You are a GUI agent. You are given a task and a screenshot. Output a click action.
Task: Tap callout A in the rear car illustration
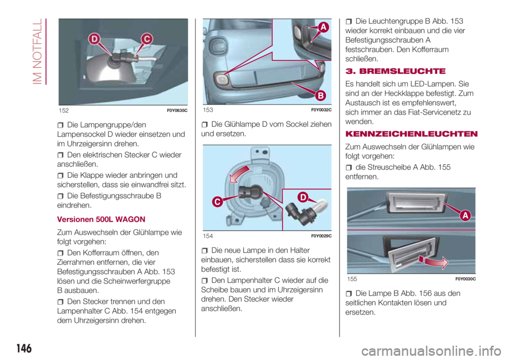tap(324, 27)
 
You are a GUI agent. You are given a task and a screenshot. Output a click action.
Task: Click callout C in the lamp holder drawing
tap(218, 201)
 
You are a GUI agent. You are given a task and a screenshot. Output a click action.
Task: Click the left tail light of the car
tap(217, 50)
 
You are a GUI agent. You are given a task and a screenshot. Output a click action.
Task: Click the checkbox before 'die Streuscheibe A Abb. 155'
tap(350, 168)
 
